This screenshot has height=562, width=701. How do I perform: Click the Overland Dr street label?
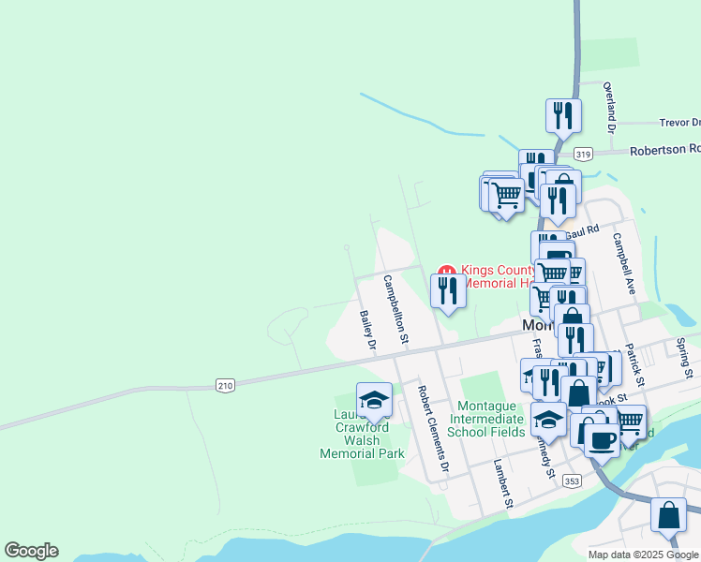(x=608, y=103)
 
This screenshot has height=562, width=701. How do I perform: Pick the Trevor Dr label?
(x=679, y=123)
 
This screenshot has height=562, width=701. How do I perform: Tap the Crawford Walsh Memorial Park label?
(x=362, y=440)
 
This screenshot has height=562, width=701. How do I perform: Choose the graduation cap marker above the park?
(x=374, y=399)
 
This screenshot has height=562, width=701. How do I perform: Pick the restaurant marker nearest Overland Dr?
(x=563, y=115)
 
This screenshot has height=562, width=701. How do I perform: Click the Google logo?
(x=31, y=551)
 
